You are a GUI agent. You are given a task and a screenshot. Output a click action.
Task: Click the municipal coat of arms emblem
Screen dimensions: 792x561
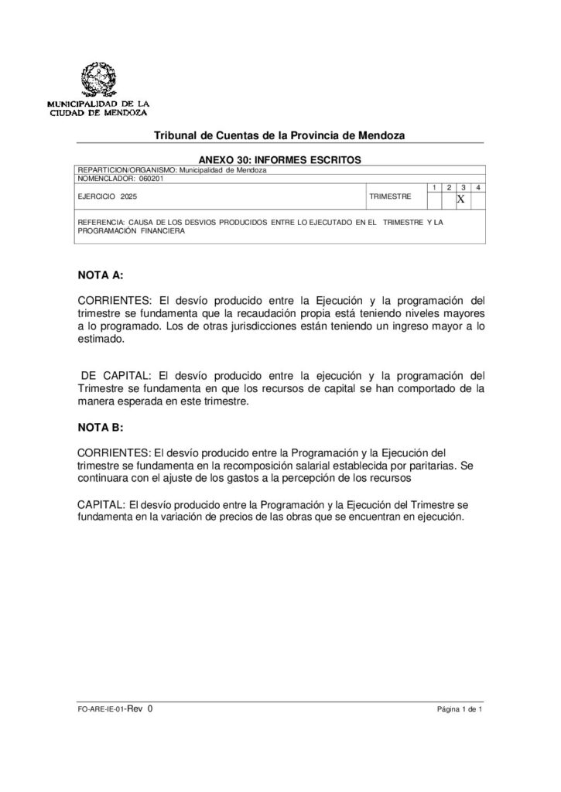click(x=98, y=80)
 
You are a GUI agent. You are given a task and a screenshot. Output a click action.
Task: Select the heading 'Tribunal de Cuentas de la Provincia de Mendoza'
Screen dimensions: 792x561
click(x=279, y=135)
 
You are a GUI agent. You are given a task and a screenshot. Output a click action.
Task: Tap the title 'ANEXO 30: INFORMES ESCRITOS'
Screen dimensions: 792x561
click(x=279, y=159)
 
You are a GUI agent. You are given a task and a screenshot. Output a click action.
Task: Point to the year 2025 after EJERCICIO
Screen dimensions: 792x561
click(x=128, y=197)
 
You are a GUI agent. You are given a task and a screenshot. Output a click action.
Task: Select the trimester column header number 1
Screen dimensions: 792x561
click(x=433, y=188)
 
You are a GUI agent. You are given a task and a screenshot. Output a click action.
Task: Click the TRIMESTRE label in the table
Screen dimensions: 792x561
click(x=390, y=197)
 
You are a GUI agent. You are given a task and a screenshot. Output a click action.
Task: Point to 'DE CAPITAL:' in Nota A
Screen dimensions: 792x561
click(x=115, y=376)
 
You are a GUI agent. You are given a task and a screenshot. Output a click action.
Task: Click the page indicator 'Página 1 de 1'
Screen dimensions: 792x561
click(x=459, y=709)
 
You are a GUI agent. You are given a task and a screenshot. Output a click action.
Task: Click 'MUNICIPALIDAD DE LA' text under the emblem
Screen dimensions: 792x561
click(x=98, y=104)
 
